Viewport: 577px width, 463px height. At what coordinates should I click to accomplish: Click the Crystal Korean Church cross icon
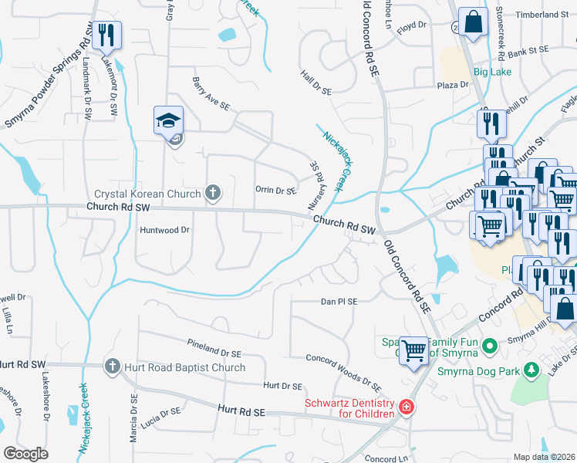pos(214,194)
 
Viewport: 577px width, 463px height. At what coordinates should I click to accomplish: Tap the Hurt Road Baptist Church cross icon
pos(112,367)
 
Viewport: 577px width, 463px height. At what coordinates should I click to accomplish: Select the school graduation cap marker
pos(168,121)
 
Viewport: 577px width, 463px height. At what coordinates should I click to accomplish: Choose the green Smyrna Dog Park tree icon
pos(530,371)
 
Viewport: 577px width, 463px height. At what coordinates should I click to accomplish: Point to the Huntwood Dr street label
pos(164,230)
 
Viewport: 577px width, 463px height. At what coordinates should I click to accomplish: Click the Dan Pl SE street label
pos(340,302)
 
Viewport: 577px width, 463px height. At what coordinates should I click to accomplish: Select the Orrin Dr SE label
pos(275,190)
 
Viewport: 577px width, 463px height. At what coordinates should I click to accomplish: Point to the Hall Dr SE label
pos(315,81)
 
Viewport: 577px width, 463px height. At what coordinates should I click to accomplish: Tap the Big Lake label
pos(492,72)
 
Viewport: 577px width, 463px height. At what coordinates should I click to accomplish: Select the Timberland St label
pos(542,15)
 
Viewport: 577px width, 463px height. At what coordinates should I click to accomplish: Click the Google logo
pos(26,454)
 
